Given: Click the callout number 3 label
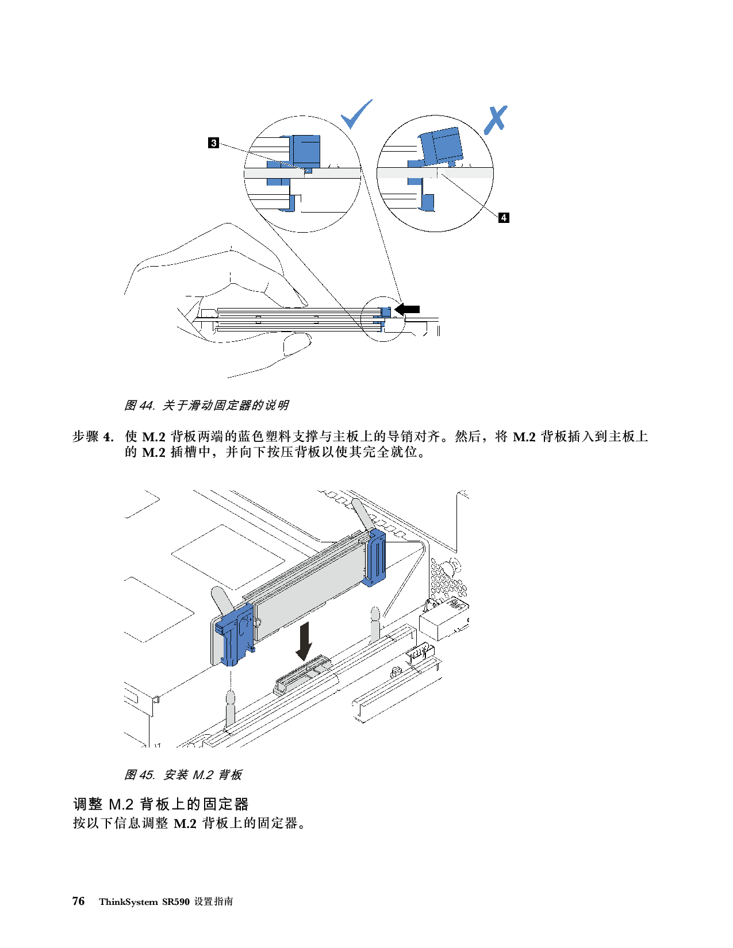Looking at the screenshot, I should (x=213, y=142).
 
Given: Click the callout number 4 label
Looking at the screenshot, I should (x=504, y=217).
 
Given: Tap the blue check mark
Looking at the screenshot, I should (x=356, y=114).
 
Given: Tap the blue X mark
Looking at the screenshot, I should (x=495, y=120).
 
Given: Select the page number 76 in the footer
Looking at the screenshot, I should (x=79, y=901).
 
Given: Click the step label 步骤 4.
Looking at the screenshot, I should (x=93, y=437).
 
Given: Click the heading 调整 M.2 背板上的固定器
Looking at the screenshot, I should (x=161, y=804).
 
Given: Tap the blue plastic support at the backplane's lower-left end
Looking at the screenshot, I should (x=235, y=634).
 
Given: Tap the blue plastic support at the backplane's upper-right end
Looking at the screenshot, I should (x=375, y=557).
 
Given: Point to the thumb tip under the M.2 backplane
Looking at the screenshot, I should (x=297, y=345).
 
